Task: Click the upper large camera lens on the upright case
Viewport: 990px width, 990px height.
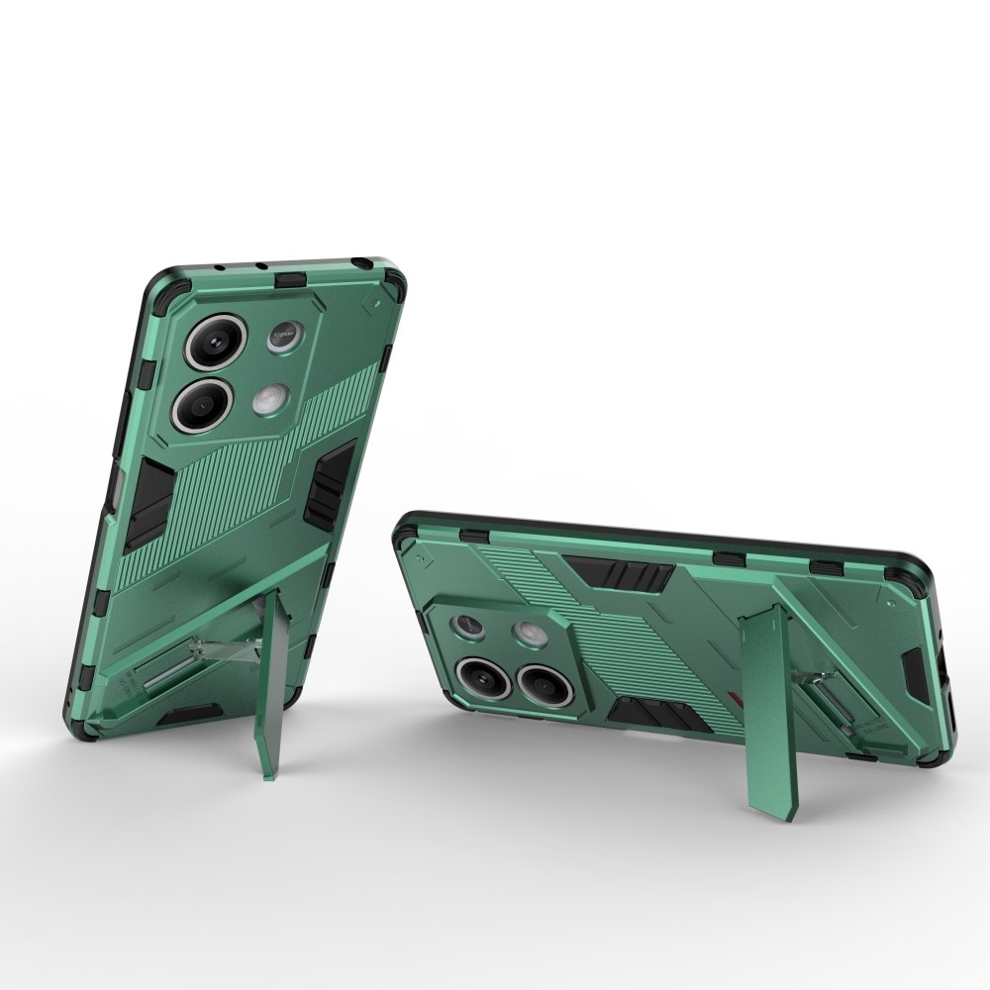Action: (x=215, y=342)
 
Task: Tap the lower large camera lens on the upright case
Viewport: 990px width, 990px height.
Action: (x=202, y=403)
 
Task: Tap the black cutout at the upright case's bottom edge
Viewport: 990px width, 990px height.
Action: (x=192, y=712)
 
